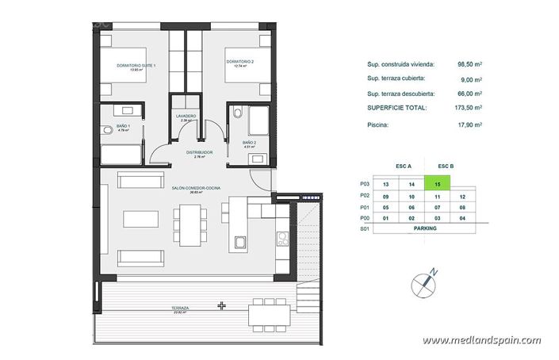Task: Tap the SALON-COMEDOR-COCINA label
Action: click(x=196, y=187)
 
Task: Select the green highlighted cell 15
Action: click(x=437, y=183)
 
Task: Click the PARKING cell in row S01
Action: click(x=425, y=228)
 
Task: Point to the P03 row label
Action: click(x=365, y=183)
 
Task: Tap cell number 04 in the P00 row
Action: click(x=461, y=216)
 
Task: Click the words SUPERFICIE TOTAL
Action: click(x=396, y=106)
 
